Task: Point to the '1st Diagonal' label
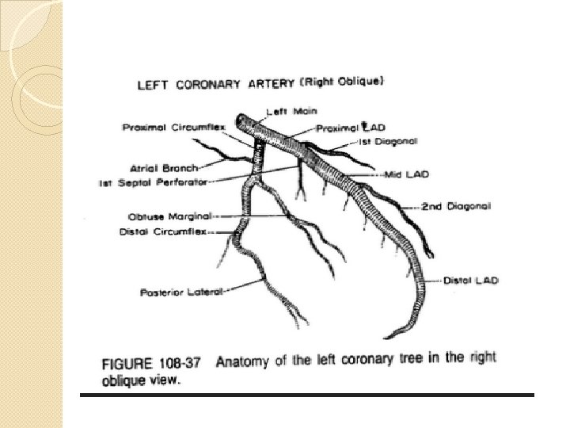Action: click(388, 141)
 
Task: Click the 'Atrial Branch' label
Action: click(164, 168)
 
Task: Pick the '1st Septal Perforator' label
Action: click(153, 182)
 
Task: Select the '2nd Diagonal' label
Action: click(456, 206)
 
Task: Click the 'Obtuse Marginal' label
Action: click(169, 216)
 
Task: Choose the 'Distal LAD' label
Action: click(470, 281)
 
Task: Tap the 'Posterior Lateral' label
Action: click(183, 292)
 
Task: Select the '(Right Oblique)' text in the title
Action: click(343, 80)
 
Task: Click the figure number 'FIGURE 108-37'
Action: click(152, 362)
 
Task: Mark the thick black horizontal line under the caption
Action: click(309, 394)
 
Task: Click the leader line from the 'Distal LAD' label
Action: click(431, 281)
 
